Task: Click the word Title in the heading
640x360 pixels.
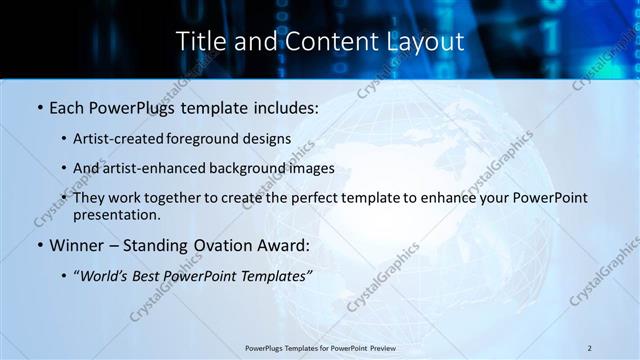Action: (200, 42)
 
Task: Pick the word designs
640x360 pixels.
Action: (267, 138)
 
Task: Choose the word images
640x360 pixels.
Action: (310, 168)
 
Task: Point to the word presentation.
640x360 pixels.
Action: (117, 215)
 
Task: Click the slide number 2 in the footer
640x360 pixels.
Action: (590, 347)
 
